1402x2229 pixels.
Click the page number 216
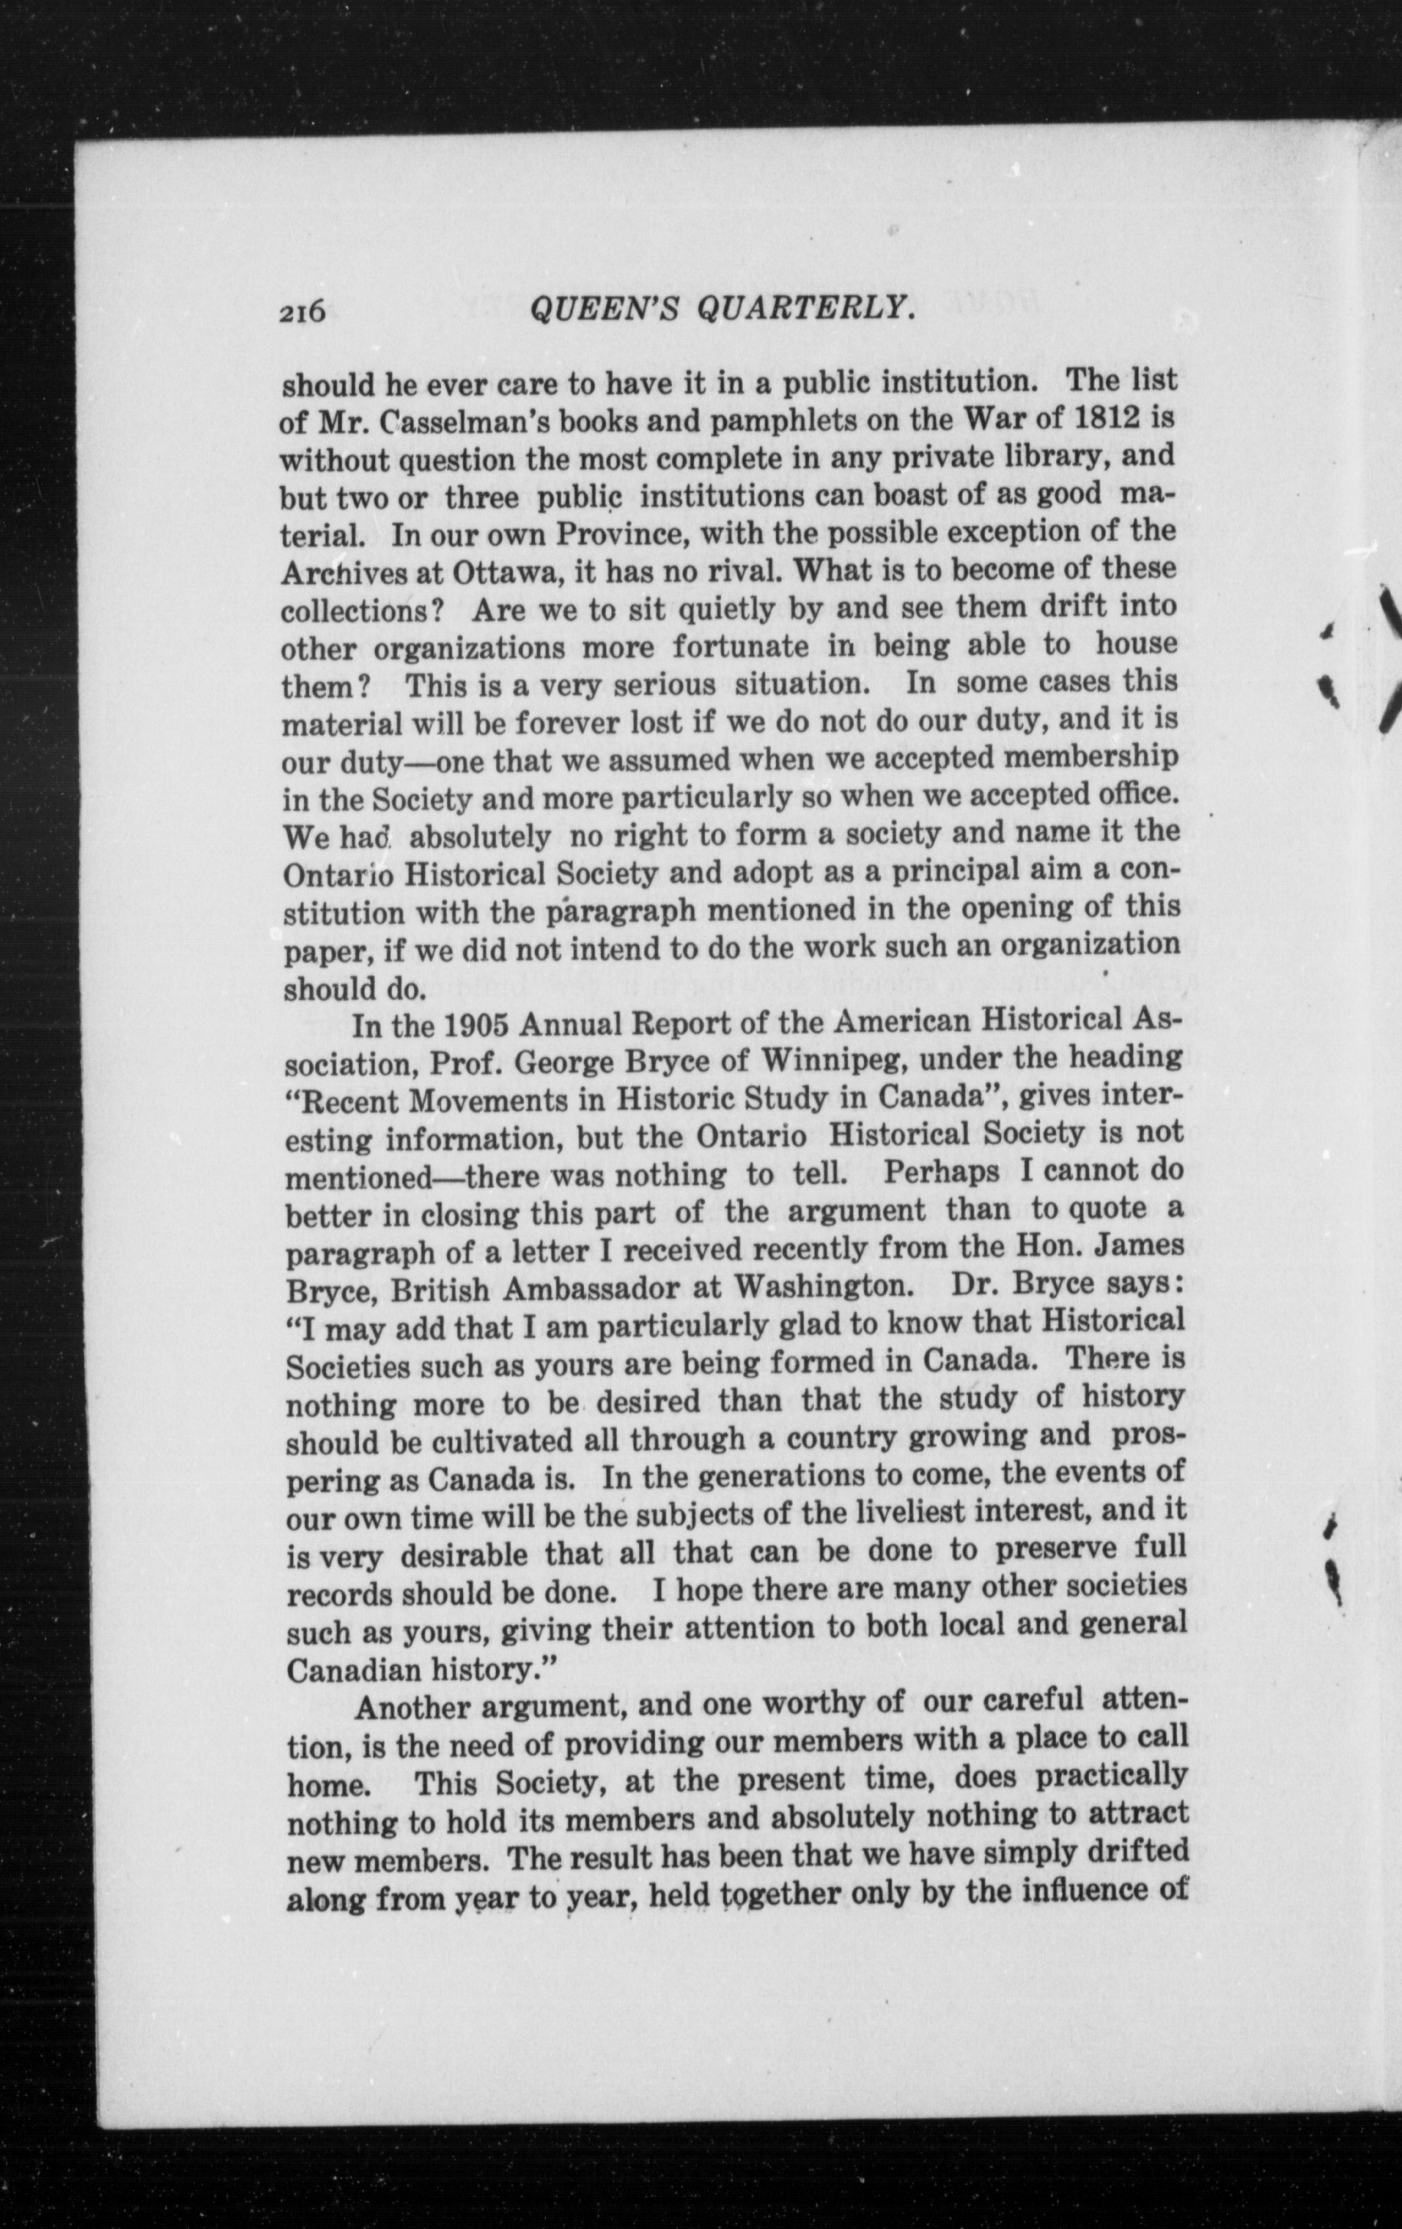click(x=302, y=313)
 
